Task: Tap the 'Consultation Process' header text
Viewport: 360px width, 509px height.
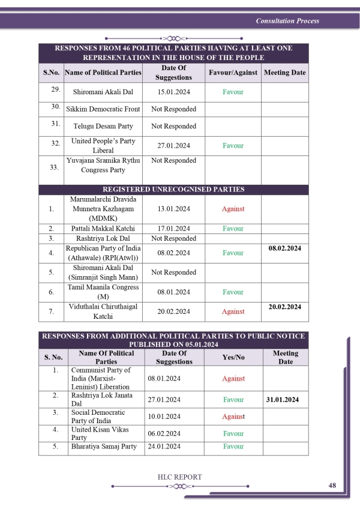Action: click(287, 21)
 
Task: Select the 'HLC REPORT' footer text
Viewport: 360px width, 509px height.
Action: click(179, 477)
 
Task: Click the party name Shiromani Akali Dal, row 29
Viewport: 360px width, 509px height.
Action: click(103, 92)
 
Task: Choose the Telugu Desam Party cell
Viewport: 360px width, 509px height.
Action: click(103, 126)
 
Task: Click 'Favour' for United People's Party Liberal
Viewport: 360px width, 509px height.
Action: click(233, 145)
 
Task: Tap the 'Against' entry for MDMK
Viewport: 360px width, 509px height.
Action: click(233, 209)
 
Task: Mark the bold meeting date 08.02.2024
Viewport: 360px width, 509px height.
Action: click(285, 247)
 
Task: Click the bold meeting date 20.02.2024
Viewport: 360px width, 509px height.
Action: click(285, 306)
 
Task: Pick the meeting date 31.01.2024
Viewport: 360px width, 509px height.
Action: click(286, 399)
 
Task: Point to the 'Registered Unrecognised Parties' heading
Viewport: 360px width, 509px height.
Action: click(174, 189)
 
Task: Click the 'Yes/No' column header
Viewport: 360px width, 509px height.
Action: click(233, 357)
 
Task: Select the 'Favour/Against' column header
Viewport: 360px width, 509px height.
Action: click(233, 73)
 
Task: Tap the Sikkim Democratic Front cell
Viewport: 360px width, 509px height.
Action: click(103, 109)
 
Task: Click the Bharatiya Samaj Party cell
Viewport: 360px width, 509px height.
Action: click(104, 447)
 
